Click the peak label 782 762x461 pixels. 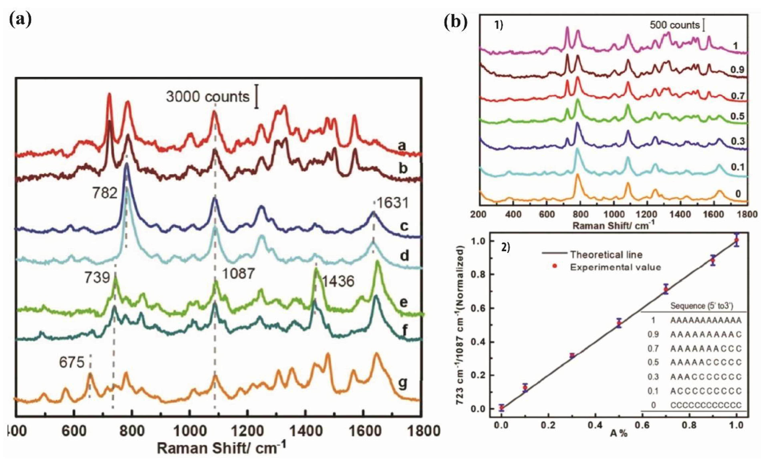coord(105,193)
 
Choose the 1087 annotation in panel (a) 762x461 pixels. coord(238,274)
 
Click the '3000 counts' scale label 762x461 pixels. coord(207,97)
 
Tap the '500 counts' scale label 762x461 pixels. coord(674,25)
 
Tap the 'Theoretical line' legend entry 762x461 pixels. coord(606,255)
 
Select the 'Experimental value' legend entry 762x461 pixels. coord(615,267)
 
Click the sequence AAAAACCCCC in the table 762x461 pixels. coord(706,362)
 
